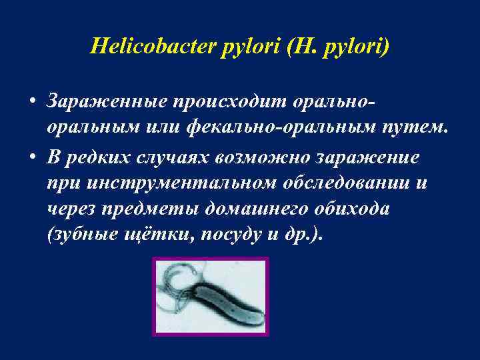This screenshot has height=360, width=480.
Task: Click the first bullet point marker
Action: tap(31, 101)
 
